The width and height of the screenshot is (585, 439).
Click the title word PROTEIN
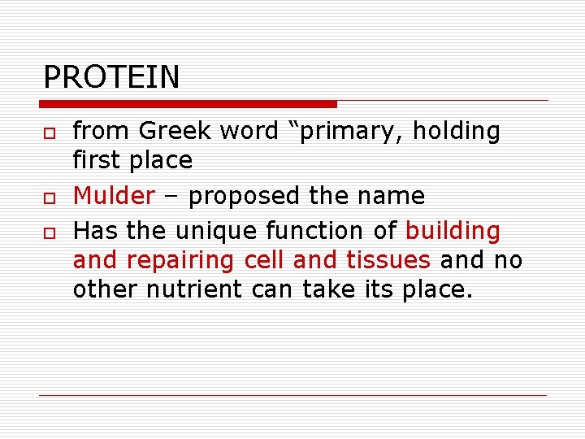(x=111, y=77)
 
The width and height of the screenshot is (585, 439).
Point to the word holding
(x=457, y=131)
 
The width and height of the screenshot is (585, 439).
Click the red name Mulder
(x=114, y=196)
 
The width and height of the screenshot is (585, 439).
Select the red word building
(x=453, y=231)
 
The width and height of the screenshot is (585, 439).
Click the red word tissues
(x=388, y=260)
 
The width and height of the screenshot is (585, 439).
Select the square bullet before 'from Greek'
(x=49, y=133)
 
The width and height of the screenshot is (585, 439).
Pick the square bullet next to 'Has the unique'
(x=49, y=233)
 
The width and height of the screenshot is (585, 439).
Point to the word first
(x=96, y=160)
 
